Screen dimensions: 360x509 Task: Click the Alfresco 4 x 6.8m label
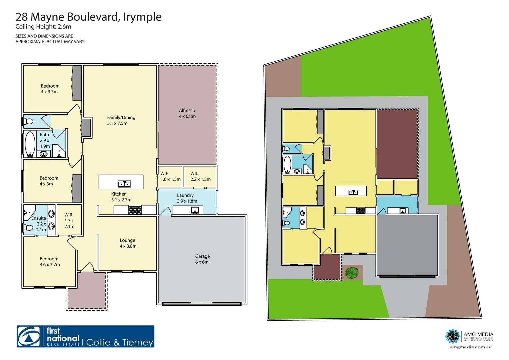[x=187, y=113]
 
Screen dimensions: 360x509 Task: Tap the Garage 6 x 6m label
[x=202, y=259]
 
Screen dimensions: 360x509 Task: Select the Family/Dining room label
[x=121, y=120]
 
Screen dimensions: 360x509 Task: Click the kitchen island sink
[x=124, y=184]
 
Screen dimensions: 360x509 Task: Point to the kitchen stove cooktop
[x=135, y=210]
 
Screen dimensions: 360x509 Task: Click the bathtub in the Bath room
[x=30, y=144]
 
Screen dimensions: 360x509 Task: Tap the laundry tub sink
[x=194, y=210]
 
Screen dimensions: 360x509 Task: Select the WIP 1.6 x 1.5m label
[x=170, y=176]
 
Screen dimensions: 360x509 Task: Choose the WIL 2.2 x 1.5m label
[x=200, y=176]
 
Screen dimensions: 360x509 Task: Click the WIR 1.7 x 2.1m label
[x=69, y=221]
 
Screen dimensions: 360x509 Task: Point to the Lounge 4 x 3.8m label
[x=128, y=243]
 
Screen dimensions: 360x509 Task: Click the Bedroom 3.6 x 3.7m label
[x=49, y=262]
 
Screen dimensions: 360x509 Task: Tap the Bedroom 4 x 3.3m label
[x=50, y=89]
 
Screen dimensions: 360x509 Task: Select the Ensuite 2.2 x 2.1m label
[x=39, y=224]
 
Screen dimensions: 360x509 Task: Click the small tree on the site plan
[x=352, y=273]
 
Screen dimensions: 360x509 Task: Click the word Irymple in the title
[x=142, y=17]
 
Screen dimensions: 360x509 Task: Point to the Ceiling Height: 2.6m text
[x=43, y=27]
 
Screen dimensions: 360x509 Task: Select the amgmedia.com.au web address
[x=470, y=347]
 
